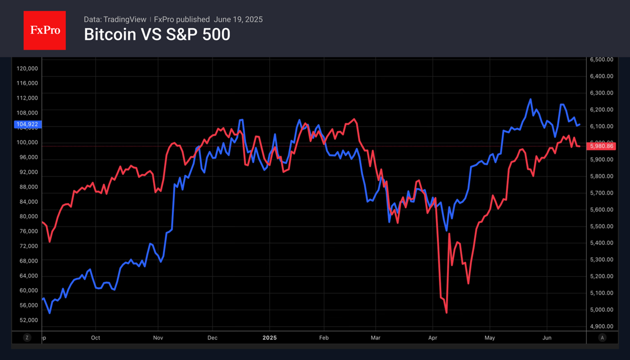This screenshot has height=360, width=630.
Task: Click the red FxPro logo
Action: click(44, 31)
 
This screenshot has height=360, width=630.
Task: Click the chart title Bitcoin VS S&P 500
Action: click(157, 35)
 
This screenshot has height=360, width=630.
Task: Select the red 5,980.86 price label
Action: click(603, 146)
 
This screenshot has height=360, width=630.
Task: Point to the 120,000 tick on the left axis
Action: click(27, 69)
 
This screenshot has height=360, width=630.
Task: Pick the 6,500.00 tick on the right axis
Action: click(602, 60)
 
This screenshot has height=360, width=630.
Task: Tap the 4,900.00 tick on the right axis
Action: click(602, 327)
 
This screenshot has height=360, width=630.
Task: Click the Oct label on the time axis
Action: click(95, 338)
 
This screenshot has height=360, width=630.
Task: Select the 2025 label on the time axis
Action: click(270, 338)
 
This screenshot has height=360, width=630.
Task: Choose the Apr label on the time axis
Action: click(433, 338)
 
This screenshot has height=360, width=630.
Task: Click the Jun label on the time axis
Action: click(547, 338)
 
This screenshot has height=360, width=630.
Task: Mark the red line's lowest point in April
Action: click(446, 312)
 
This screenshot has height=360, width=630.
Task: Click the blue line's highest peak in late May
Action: click(530, 99)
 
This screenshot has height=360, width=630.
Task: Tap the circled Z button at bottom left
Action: click(27, 338)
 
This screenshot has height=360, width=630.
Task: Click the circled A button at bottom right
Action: click(603, 338)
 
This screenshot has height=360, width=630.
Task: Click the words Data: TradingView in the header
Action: click(115, 20)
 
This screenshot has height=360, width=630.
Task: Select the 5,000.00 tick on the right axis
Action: click(602, 310)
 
